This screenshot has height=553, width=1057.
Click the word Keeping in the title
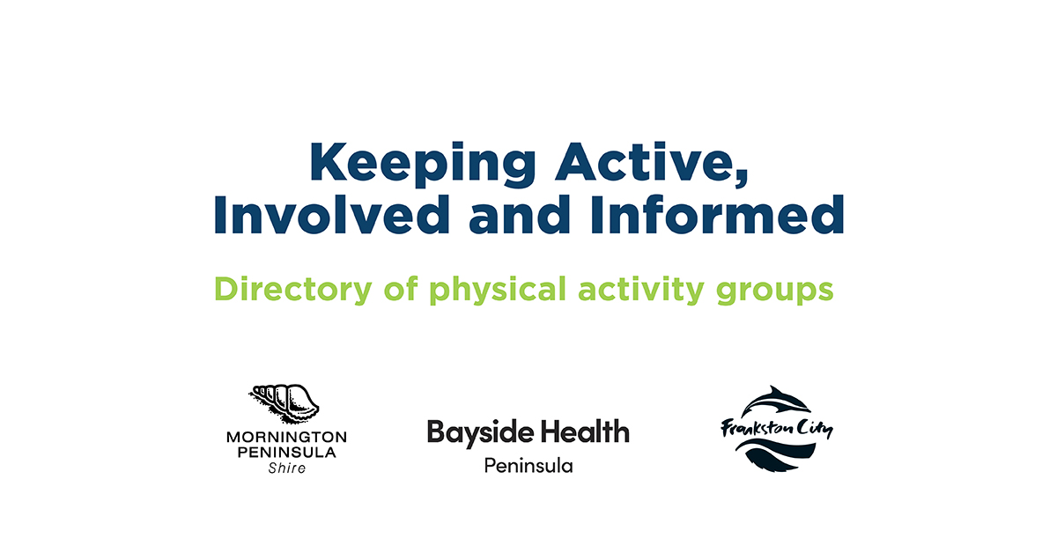[x=422, y=164]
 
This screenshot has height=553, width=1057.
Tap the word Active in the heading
[x=651, y=162]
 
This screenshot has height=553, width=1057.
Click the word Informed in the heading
[x=717, y=215]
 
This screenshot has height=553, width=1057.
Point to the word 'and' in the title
[x=520, y=215]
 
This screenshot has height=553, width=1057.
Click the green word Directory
[x=293, y=289]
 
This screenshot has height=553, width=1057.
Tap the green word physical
[x=498, y=289]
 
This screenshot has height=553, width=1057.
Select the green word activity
[x=641, y=289]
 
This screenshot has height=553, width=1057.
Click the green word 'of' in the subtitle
[x=401, y=288]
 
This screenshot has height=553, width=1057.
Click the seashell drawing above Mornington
[x=284, y=403]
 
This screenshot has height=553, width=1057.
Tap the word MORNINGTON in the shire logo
[x=286, y=437]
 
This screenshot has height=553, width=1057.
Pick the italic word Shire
[x=287, y=468]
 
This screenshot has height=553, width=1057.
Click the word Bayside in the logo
[x=480, y=433]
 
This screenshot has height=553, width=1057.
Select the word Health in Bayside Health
[x=585, y=431]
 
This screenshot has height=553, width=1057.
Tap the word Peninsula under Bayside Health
[x=528, y=466]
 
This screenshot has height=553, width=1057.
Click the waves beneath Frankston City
[x=776, y=454]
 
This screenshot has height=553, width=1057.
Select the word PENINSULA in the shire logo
[x=286, y=452]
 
